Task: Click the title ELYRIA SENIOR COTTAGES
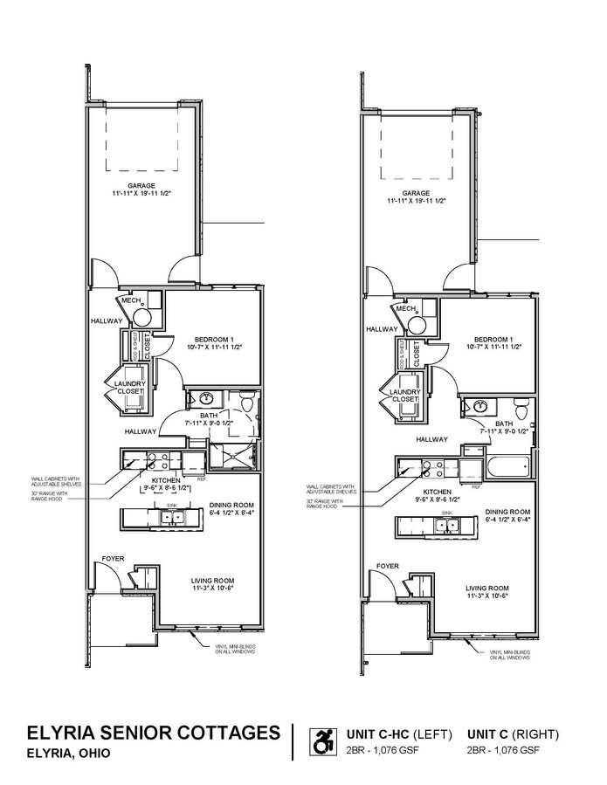(153, 732)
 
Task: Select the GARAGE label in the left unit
(140, 185)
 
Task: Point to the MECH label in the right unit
(404, 308)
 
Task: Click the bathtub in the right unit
(507, 465)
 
